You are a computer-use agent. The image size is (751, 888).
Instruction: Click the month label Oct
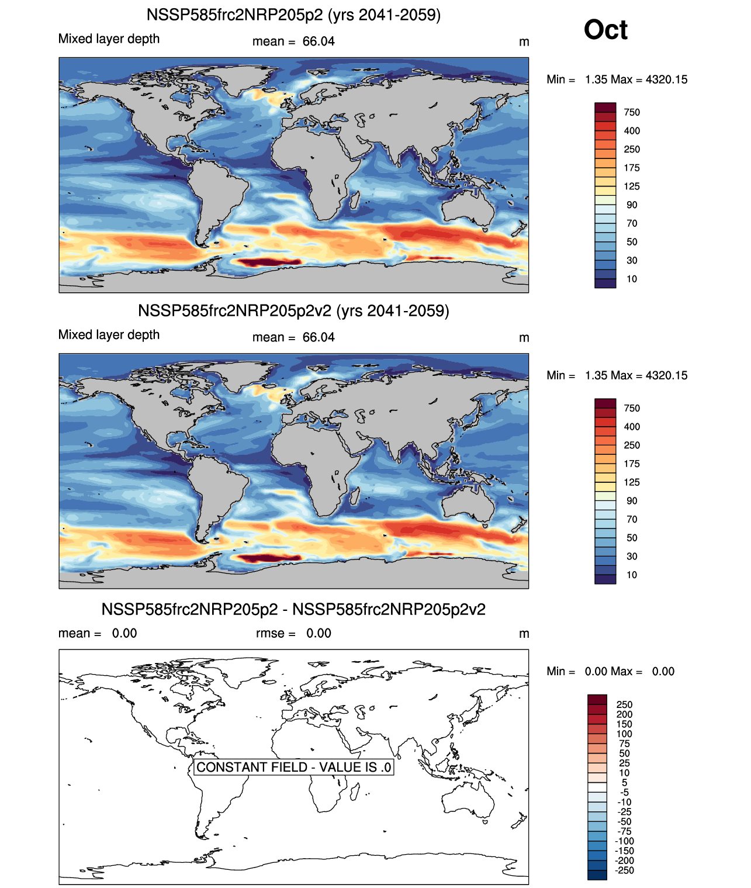click(x=605, y=30)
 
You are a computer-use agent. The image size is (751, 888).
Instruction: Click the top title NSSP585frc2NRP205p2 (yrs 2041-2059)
click(x=293, y=15)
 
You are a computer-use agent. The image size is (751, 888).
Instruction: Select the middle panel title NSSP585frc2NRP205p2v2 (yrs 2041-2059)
click(x=293, y=310)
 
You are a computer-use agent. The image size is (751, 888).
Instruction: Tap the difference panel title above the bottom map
click(x=293, y=609)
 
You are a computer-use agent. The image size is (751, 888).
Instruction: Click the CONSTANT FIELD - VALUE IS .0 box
click(x=293, y=767)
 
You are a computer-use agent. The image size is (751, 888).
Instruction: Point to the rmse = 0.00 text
click(x=293, y=633)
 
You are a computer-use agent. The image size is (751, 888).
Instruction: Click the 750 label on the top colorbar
click(x=632, y=112)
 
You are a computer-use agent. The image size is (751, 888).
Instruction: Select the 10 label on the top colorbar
click(x=632, y=279)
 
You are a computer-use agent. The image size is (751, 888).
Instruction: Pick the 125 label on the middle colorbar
click(x=632, y=482)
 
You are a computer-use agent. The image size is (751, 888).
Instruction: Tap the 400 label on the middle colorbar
click(x=632, y=427)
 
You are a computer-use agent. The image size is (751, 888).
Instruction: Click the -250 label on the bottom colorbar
click(x=625, y=870)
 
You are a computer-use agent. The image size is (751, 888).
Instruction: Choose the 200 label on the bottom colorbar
click(x=624, y=714)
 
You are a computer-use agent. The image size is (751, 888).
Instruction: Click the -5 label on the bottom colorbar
click(x=624, y=792)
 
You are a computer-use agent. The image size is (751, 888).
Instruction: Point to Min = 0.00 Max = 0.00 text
click(x=610, y=671)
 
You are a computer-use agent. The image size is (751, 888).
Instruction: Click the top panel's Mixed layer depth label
click(x=109, y=39)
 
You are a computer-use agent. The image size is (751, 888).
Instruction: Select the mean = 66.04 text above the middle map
click(x=293, y=337)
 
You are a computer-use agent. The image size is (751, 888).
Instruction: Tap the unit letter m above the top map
click(x=524, y=42)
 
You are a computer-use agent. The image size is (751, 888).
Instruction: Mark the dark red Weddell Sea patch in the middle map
click(x=266, y=558)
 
